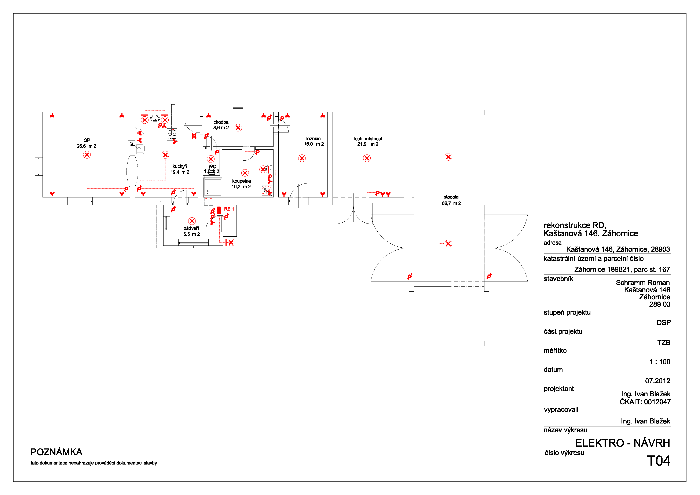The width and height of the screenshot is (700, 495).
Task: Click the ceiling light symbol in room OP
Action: (87, 155)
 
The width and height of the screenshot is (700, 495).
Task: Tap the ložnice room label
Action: (314, 138)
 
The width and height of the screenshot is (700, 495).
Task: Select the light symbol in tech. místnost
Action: (367, 158)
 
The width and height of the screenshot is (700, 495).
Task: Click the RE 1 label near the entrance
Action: (229, 209)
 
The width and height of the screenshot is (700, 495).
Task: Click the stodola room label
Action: (451, 197)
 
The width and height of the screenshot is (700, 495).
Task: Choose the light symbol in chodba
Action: (238, 128)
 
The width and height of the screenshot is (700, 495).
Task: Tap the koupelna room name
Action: (241, 181)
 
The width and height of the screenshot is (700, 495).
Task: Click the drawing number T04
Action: (659, 461)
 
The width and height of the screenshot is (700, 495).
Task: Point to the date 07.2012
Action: (658, 381)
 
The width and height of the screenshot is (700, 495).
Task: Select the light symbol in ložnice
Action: (302, 158)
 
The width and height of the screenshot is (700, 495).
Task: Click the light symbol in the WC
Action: (211, 159)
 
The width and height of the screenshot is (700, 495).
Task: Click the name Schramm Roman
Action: (643, 283)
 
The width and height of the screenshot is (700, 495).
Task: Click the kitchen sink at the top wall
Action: (155, 118)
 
